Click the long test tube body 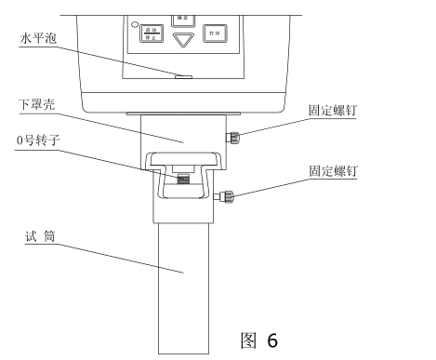pos(183,279)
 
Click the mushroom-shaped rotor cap pos(183,166)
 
